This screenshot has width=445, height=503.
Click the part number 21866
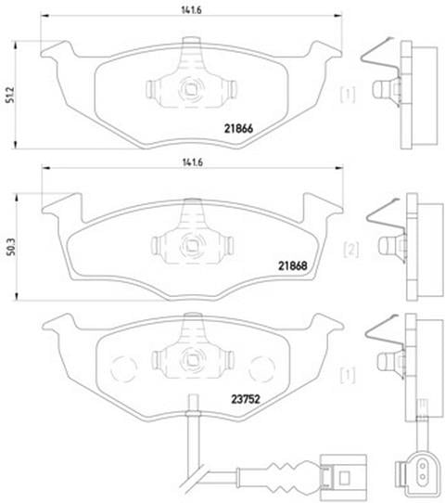(238, 129)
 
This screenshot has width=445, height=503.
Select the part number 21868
(293, 265)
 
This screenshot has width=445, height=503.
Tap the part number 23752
(246, 399)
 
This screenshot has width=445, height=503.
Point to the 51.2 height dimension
(10, 95)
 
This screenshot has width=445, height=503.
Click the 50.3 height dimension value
(11, 247)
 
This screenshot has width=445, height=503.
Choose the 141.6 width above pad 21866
(191, 10)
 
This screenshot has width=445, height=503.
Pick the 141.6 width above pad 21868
(193, 162)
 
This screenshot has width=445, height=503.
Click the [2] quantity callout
(351, 250)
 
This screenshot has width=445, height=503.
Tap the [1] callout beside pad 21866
(348, 95)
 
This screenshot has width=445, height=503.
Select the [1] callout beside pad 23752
(348, 375)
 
